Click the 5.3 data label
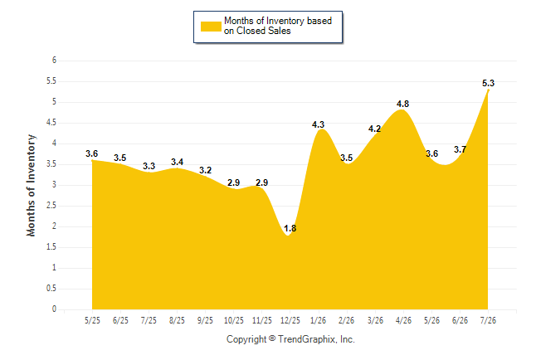(488, 83)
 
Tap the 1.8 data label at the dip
(290, 228)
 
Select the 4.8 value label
(402, 104)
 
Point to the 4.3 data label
(318, 124)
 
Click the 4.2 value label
(374, 129)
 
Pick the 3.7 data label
(460, 149)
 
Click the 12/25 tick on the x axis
(290, 320)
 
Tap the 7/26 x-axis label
(488, 320)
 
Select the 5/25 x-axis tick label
(92, 320)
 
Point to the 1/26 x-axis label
(319, 320)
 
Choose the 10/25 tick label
(233, 320)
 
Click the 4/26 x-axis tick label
(403, 320)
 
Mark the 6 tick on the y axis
(55, 61)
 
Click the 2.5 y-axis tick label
(51, 206)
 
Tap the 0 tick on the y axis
(55, 309)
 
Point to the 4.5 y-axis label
(51, 123)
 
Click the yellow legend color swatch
(211, 27)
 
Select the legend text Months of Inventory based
(278, 21)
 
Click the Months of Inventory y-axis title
(31, 185)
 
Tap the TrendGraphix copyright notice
(290, 339)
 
